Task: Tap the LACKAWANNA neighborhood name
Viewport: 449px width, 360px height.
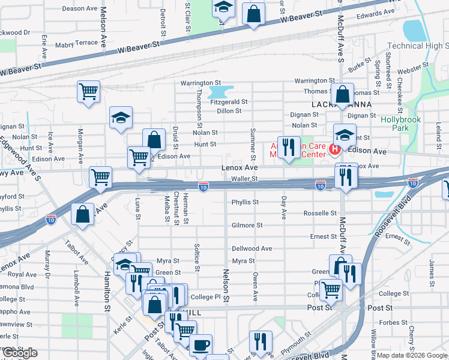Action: (342, 104)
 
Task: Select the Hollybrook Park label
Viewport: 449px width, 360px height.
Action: (402, 124)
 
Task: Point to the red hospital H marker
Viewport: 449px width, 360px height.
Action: (336, 149)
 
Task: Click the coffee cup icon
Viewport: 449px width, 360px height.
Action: (200, 345)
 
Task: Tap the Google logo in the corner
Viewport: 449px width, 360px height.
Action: (20, 353)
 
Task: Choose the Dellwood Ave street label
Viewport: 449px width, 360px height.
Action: (252, 248)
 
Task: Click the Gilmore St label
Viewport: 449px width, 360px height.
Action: (247, 225)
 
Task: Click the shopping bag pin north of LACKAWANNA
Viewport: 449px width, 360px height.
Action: (342, 94)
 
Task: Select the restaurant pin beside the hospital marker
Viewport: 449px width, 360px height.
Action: (289, 147)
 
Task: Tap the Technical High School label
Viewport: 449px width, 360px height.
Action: (418, 46)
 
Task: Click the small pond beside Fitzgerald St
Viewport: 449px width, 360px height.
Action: (220, 92)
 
